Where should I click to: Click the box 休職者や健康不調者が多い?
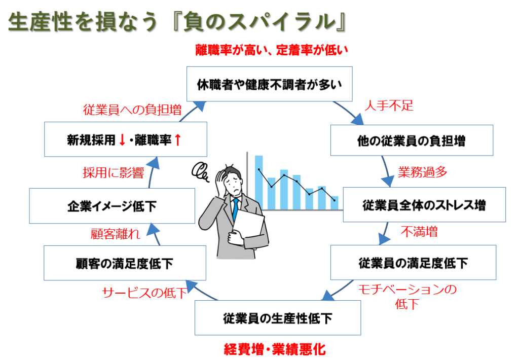(x=269, y=84)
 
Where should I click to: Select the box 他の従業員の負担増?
(x=412, y=140)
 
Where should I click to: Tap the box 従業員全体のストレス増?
(x=424, y=205)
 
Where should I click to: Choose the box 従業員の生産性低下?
(x=278, y=318)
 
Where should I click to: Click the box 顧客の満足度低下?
(x=125, y=263)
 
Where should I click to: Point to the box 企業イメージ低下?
(x=112, y=205)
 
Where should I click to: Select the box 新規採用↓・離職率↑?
(x=125, y=139)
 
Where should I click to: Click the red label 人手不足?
(x=389, y=106)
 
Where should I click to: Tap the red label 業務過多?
(x=423, y=172)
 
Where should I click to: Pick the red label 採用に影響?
(x=114, y=172)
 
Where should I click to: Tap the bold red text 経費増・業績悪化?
(x=275, y=349)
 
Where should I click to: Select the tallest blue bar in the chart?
(x=259, y=183)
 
